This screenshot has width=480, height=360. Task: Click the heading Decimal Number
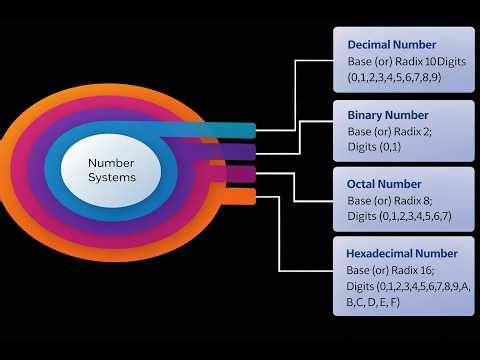(391, 45)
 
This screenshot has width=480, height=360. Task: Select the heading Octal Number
(383, 185)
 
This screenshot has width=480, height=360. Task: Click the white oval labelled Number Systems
(111, 169)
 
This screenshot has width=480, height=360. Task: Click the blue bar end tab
(244, 130)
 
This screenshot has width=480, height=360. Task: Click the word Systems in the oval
(111, 178)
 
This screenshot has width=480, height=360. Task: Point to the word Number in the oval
(111, 161)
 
